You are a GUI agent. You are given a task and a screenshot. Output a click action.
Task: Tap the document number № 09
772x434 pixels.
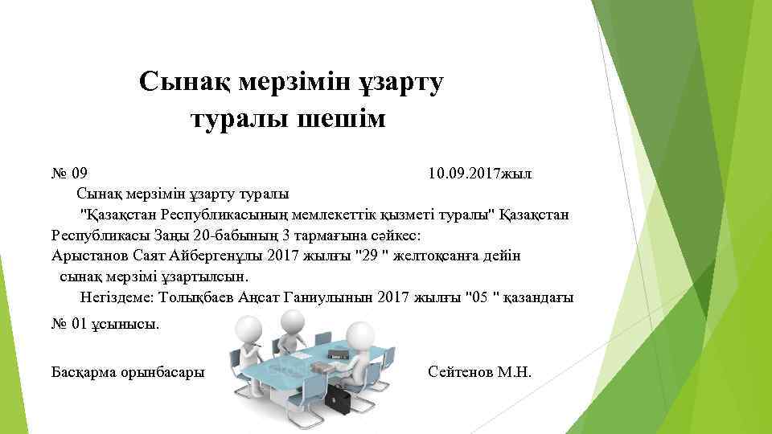pos(69,173)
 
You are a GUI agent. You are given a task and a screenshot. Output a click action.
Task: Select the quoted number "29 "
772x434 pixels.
pos(373,256)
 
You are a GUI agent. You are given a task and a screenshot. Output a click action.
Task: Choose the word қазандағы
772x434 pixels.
pos(540,298)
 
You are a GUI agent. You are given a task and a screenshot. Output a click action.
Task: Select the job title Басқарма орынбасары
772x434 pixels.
pos(127,372)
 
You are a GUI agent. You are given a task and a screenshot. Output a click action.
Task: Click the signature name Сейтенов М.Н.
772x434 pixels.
pos(480,372)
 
